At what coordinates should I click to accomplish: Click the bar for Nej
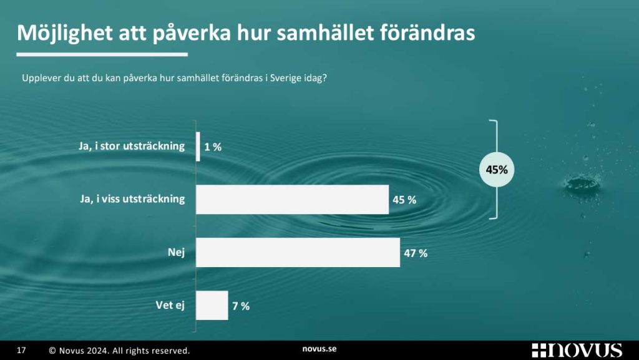click(x=298, y=252)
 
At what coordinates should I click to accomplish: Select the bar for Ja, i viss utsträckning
click(x=292, y=200)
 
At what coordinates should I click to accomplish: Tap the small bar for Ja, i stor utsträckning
click(x=198, y=147)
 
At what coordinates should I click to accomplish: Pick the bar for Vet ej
click(x=212, y=305)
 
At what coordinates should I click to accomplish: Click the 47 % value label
click(x=416, y=253)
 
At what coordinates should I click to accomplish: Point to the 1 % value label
click(x=213, y=147)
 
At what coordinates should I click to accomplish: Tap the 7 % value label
click(x=240, y=306)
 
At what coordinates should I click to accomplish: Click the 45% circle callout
click(x=497, y=169)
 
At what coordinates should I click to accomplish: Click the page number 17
click(x=21, y=350)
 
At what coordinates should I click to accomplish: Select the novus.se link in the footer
click(x=319, y=349)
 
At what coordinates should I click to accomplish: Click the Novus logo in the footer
click(x=577, y=350)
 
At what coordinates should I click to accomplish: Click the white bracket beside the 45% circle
click(x=496, y=125)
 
